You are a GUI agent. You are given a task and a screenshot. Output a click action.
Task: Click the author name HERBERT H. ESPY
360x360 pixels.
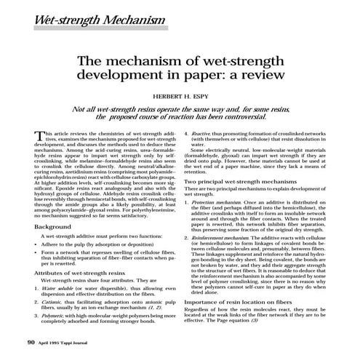[180, 95]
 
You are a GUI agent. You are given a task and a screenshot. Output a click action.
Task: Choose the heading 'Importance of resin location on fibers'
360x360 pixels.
[243, 300]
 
